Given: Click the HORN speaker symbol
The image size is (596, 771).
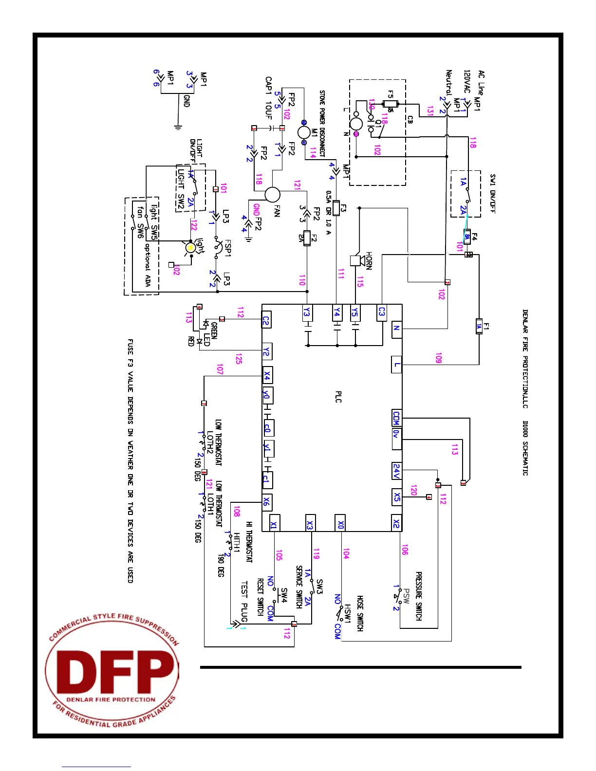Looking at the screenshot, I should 357,260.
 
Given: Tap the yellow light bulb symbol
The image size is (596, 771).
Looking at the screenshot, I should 190,248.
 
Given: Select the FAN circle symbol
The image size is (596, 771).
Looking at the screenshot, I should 273,195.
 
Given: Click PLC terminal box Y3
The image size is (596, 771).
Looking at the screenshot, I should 307,312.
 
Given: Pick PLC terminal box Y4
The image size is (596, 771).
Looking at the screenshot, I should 336,312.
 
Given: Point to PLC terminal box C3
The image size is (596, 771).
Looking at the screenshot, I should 382,312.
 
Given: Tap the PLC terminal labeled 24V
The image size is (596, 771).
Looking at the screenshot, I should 397,471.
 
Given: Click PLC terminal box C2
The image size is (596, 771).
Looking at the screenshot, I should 266,320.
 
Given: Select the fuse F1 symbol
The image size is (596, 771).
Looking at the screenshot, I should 479,327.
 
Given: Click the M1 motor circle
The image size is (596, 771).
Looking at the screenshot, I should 303,132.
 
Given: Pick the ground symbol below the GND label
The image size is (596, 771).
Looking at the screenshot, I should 178,128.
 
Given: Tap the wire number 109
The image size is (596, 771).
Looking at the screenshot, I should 439,359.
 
